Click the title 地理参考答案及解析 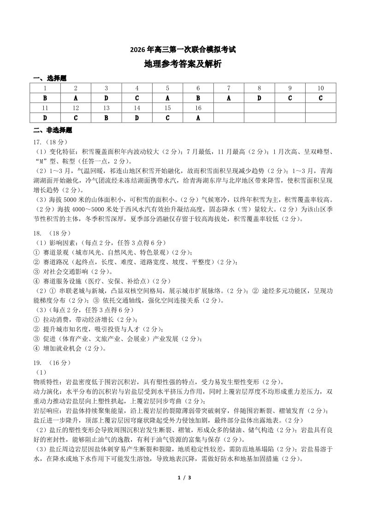tap(183, 64)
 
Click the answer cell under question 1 tap(45, 98)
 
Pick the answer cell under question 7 tap(229, 98)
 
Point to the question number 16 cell tap(198, 108)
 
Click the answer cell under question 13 tap(106, 118)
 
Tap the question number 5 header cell tap(167, 88)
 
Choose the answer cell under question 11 tap(45, 118)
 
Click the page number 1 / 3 tap(183, 477)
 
